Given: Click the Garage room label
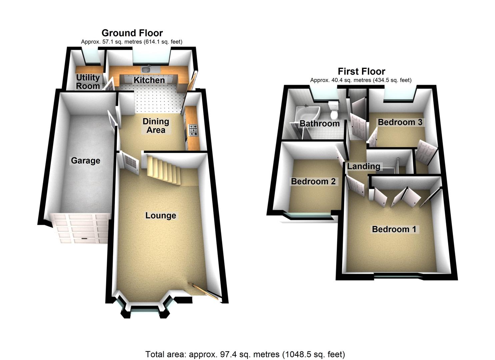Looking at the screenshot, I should (85, 161).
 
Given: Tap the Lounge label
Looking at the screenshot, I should (160, 215).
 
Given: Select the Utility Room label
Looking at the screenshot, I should (88, 82).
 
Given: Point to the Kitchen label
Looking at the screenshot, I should (149, 80).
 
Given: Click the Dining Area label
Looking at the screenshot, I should (156, 126).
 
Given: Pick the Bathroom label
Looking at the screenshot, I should (319, 123).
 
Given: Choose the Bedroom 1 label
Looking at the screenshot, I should (394, 229).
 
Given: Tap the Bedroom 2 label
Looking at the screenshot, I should (313, 181).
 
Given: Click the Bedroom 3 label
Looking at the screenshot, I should (400, 122).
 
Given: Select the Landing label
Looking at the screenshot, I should (363, 166).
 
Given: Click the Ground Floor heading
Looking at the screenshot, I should (132, 33).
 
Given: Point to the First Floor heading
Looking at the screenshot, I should (361, 71).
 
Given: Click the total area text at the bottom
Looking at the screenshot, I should (245, 354).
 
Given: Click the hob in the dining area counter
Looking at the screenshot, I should (193, 130).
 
